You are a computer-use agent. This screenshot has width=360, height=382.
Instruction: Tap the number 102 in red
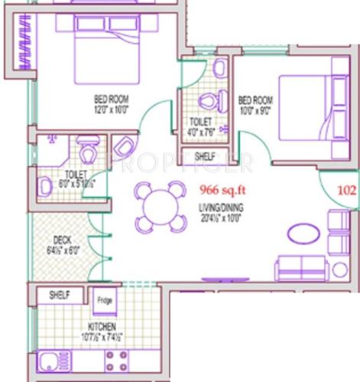pos(348,192)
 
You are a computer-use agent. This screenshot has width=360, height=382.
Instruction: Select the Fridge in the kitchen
pos(105,301)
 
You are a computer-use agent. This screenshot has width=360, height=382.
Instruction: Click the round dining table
pos(160,206)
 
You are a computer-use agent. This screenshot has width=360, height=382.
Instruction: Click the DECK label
pos(63,239)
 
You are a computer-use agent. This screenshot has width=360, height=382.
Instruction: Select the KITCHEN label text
pos(101,326)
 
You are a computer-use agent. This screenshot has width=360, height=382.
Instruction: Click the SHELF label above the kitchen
pos(60,294)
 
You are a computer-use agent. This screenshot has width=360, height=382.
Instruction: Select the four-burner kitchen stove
pos(118,360)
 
